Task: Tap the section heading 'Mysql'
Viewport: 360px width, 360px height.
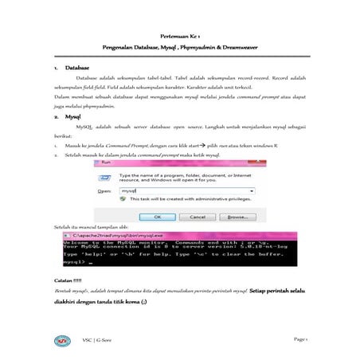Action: [75, 116]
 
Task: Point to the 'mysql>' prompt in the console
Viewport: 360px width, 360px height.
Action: [74, 260]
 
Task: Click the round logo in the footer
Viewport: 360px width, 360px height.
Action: [58, 341]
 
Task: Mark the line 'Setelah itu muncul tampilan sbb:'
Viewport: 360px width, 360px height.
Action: [88, 229]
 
